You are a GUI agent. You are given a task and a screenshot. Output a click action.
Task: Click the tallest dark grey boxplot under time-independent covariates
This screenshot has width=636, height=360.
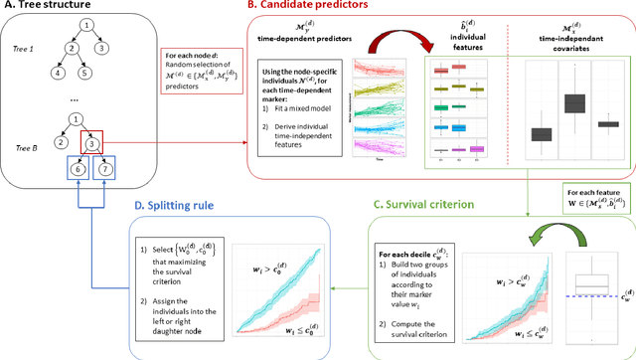pos(574,103)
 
